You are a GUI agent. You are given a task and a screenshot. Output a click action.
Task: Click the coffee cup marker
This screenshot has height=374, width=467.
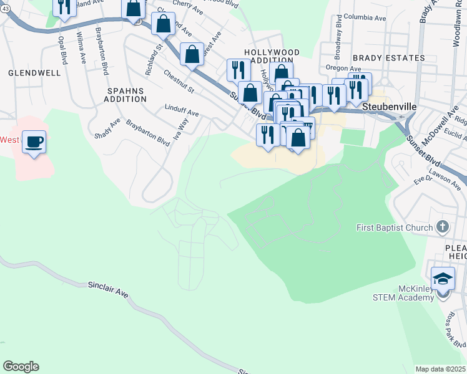coord(34,141)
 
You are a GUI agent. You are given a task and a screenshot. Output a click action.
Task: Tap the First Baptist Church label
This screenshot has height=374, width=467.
coord(395,228)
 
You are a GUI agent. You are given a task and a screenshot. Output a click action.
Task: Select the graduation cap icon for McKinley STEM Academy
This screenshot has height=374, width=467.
coord(443,278)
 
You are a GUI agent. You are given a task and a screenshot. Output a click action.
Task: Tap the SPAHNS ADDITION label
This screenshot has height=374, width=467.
coord(124,95)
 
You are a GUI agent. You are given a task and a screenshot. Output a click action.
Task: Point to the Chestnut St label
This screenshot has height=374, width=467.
coord(179,82)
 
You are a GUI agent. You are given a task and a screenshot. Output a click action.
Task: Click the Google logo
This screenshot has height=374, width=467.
coord(21,367)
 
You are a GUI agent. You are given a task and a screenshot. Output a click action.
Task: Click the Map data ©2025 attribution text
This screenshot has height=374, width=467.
coord(440,369)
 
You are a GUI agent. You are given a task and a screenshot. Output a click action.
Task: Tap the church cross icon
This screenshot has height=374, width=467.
coord(443,227)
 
